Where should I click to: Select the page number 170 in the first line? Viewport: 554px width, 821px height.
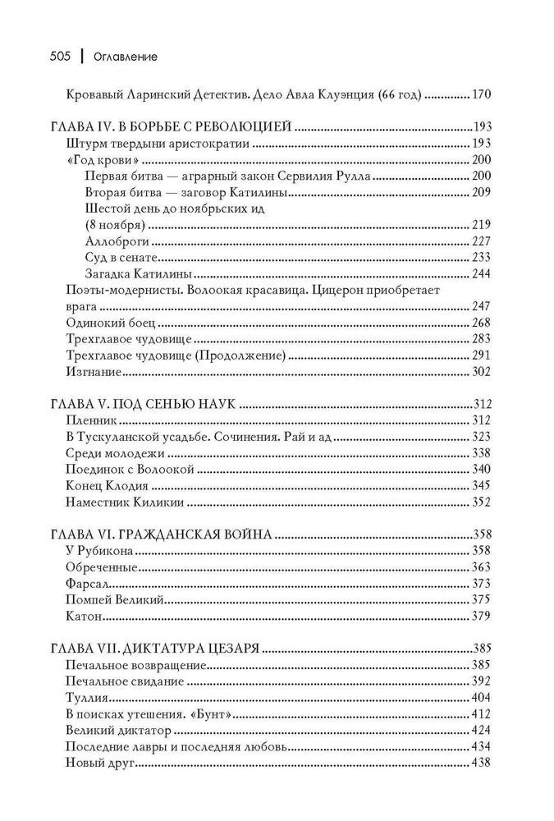click(481, 94)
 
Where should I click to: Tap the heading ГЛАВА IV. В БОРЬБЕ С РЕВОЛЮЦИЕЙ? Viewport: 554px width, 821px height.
click(172, 127)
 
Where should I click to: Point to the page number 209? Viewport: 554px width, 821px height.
click(481, 192)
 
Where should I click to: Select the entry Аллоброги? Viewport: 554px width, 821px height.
click(113, 241)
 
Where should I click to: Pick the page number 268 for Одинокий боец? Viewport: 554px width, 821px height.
click(481, 323)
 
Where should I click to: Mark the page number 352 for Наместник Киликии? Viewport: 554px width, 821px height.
click(481, 502)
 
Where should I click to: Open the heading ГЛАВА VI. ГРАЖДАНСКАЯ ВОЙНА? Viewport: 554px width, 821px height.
click(161, 534)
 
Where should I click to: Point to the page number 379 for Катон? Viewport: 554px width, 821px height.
click(481, 615)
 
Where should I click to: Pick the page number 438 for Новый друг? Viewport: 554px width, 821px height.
click(481, 761)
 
